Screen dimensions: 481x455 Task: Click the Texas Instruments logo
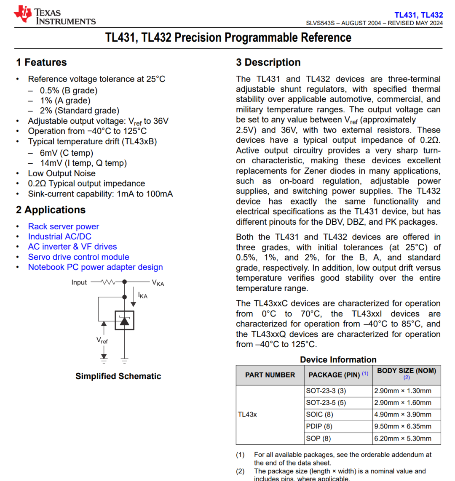click(54, 16)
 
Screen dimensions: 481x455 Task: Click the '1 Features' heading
click(41, 62)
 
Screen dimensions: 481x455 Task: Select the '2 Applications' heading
click(51, 210)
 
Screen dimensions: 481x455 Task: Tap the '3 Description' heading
click(268, 62)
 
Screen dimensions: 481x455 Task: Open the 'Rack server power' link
click(64, 226)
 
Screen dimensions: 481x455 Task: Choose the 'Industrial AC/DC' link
click(59, 237)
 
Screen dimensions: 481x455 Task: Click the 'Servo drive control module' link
click(78, 257)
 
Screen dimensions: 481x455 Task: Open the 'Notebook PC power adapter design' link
click(95, 267)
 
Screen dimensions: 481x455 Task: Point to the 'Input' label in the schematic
click(79, 282)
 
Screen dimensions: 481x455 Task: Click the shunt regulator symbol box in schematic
click(124, 320)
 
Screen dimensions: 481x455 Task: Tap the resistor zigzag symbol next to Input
click(108, 282)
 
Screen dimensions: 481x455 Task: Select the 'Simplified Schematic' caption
click(118, 376)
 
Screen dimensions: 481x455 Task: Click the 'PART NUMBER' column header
click(270, 375)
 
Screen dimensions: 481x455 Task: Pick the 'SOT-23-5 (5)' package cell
click(326, 403)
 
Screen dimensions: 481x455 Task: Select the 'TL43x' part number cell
click(247, 415)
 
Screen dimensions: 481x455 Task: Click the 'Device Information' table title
click(338, 360)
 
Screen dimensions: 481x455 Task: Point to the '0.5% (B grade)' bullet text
click(69, 90)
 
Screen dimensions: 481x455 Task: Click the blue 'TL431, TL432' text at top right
click(418, 15)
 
